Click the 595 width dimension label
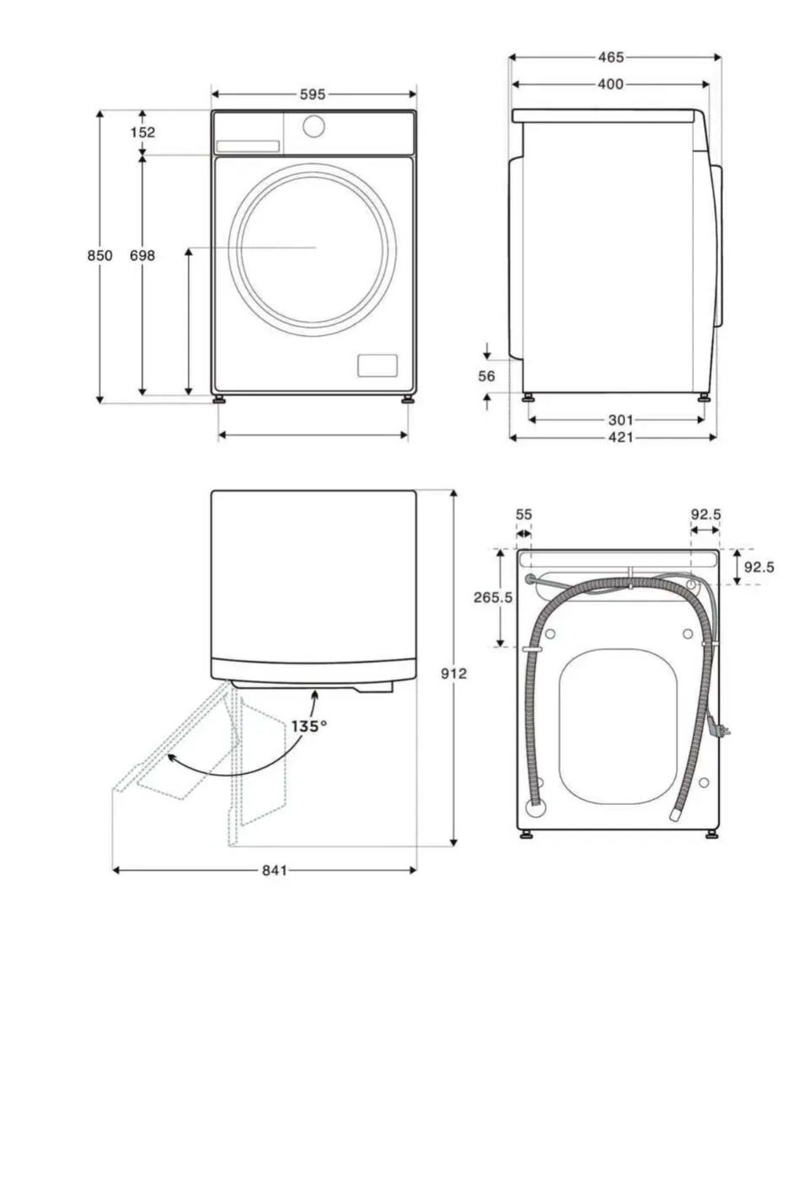coord(313,94)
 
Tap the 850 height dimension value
coord(100,256)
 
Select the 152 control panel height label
coord(143,132)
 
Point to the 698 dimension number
coord(142,256)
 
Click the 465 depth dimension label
coord(611,56)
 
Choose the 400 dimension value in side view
coord(611,83)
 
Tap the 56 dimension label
coord(486,376)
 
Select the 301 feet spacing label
coord(620,420)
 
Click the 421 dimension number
coord(620,437)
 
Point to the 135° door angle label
coord(309,727)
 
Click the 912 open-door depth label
coord(453,673)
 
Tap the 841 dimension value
coord(275,871)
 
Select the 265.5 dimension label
coord(493,597)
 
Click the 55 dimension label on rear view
coord(523,514)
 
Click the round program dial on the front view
coord(313,126)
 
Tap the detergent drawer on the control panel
coord(248,147)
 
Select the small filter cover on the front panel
coord(378,365)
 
